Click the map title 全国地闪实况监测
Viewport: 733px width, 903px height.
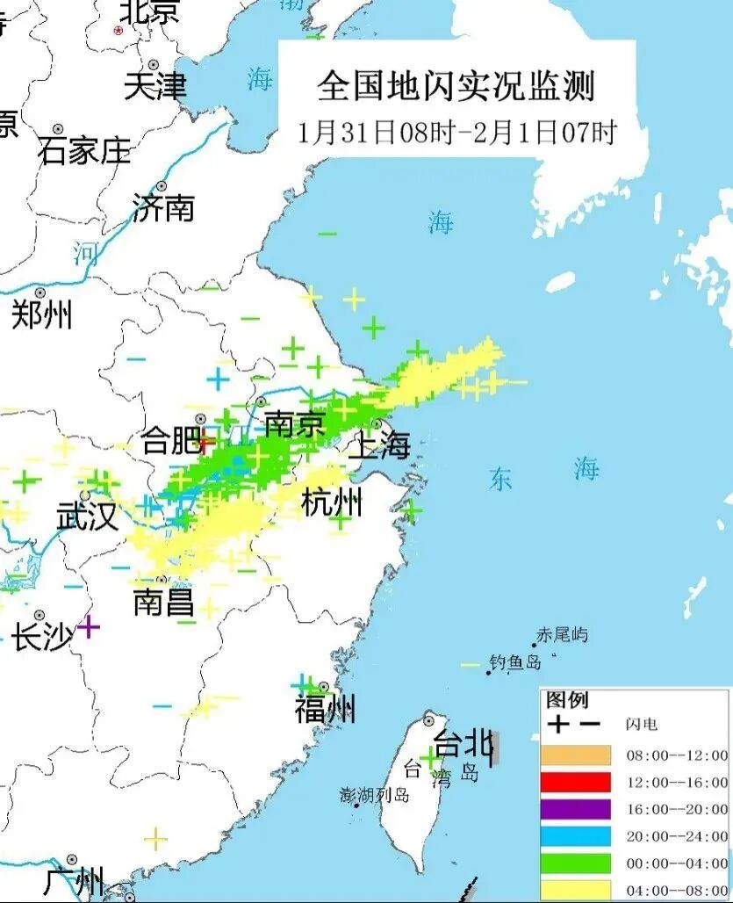(x=456, y=86)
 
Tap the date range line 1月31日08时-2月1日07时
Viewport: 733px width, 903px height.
(x=456, y=133)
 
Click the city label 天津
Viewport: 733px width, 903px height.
(x=155, y=86)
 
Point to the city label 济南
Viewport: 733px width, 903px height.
(x=163, y=208)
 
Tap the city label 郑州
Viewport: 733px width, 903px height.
(x=41, y=314)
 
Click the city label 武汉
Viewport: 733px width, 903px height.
(x=87, y=517)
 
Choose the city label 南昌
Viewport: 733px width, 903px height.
(x=163, y=603)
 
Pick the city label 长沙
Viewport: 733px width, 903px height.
(x=41, y=638)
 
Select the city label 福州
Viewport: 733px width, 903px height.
(x=325, y=709)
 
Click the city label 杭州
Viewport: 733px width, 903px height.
(x=331, y=503)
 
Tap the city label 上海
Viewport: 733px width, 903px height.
(x=379, y=445)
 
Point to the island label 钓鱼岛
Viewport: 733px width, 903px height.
(x=515, y=662)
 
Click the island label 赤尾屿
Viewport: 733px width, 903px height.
(x=562, y=634)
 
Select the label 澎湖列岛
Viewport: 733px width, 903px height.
(x=375, y=795)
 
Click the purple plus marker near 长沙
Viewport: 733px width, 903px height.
(x=88, y=627)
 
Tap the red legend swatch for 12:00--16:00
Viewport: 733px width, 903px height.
(x=575, y=782)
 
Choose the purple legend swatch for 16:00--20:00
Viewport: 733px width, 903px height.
(x=575, y=809)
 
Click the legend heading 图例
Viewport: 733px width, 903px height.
(x=567, y=700)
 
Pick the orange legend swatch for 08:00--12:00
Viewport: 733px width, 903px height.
(x=575, y=755)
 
